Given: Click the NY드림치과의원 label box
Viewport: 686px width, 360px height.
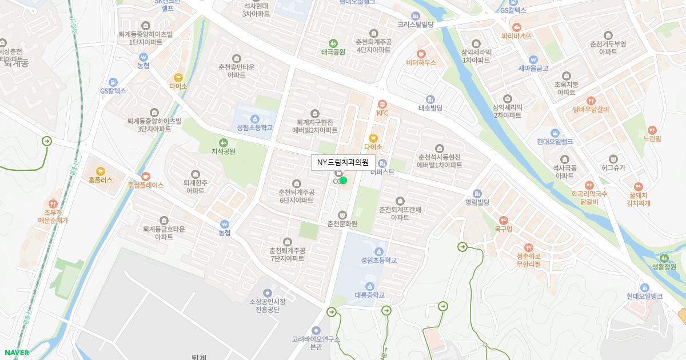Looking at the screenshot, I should point(343,162).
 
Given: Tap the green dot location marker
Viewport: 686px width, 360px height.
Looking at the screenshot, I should point(344,181).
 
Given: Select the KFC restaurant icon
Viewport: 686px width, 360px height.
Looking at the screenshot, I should point(382,104).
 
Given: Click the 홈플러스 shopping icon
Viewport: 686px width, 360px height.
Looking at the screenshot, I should point(101,171).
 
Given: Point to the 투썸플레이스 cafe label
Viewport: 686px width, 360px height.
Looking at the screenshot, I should point(145,185).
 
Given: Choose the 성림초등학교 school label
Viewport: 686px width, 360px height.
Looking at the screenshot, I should point(255,127).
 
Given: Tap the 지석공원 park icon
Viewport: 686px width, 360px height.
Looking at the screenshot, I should point(223,142).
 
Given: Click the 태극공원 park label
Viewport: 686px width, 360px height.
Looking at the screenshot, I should point(333,51).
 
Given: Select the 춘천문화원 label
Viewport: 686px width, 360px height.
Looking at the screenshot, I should point(342,223).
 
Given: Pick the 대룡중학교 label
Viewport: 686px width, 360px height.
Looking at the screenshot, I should point(370,295).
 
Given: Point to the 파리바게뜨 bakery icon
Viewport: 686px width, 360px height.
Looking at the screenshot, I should point(517,27).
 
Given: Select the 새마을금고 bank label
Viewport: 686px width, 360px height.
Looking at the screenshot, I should point(533,68).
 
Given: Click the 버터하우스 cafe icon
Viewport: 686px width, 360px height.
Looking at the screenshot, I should point(421,53).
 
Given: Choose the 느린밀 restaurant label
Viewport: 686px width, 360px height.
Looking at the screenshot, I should point(652,139).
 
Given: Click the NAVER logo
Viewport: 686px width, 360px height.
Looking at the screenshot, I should point(16,353).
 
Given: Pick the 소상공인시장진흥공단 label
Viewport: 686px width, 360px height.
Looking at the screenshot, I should point(268,305).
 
